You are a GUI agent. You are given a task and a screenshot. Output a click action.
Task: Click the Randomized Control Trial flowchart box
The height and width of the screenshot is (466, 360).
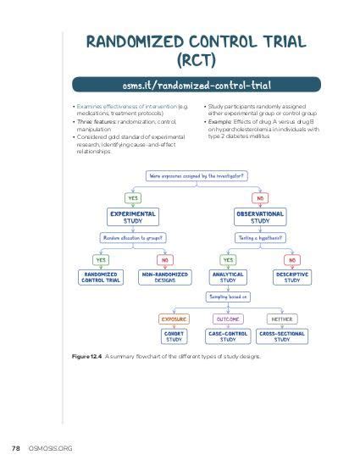tap(101, 277)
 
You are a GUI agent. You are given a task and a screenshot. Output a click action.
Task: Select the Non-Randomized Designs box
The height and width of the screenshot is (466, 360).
tap(163, 277)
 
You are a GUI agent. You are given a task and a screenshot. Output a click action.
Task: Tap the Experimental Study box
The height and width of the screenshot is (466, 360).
tap(133, 217)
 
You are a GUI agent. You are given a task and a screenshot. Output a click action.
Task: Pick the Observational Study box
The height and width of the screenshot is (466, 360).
tap(260, 217)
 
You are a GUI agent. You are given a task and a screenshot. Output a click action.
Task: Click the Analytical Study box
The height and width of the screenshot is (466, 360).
tap(228, 277)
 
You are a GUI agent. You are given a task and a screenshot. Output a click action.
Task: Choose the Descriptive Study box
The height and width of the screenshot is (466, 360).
tap(291, 277)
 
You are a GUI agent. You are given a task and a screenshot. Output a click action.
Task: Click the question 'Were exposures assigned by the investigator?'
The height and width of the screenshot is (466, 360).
tap(196, 176)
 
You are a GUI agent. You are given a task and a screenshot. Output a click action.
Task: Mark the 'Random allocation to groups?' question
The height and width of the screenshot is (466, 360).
tap(133, 238)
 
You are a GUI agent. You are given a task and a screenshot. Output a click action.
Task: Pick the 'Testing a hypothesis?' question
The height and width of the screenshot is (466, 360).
tap(259, 238)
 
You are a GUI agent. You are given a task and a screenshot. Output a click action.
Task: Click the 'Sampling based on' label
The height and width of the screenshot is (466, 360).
tap(228, 297)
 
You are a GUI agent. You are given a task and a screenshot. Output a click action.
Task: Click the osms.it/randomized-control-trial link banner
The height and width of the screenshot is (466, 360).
tap(196, 85)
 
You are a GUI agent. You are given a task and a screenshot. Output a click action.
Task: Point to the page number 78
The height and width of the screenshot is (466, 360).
tap(15, 447)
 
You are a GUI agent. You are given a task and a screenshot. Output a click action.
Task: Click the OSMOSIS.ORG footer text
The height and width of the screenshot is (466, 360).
tap(49, 447)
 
